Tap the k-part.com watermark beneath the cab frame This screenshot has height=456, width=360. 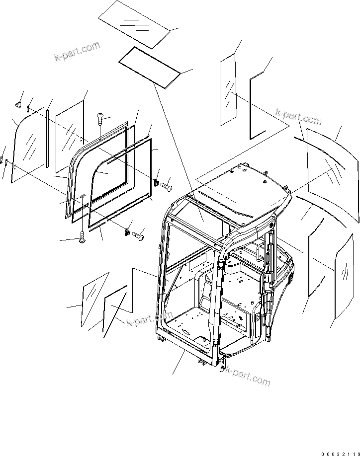click(248, 376)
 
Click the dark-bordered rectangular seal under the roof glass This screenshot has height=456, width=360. click(150, 66)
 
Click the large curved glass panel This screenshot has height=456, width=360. click(331, 172)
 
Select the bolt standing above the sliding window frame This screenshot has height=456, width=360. click(99, 120)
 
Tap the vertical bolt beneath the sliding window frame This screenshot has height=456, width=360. click(82, 239)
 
